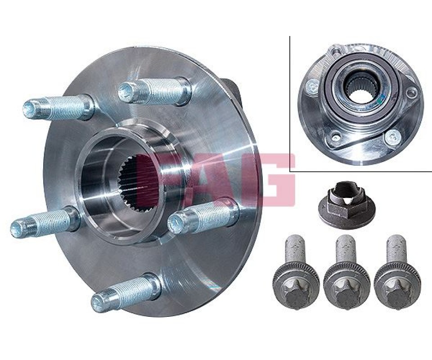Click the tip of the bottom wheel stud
coord(97,302)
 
